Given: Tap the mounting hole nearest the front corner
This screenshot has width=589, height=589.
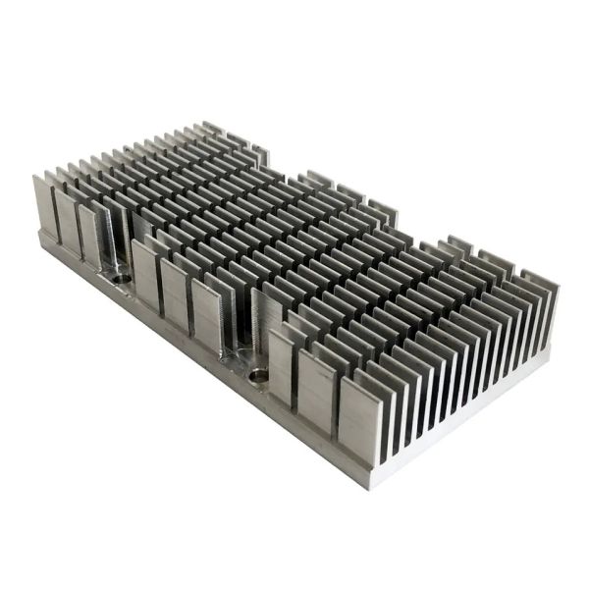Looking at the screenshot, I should [x=258, y=374].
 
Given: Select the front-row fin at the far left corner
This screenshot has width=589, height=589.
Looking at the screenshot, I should [x=43, y=206].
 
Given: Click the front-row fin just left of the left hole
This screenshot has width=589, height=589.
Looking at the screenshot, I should [x=90, y=236].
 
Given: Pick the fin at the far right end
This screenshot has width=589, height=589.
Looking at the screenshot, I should [x=535, y=294].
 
